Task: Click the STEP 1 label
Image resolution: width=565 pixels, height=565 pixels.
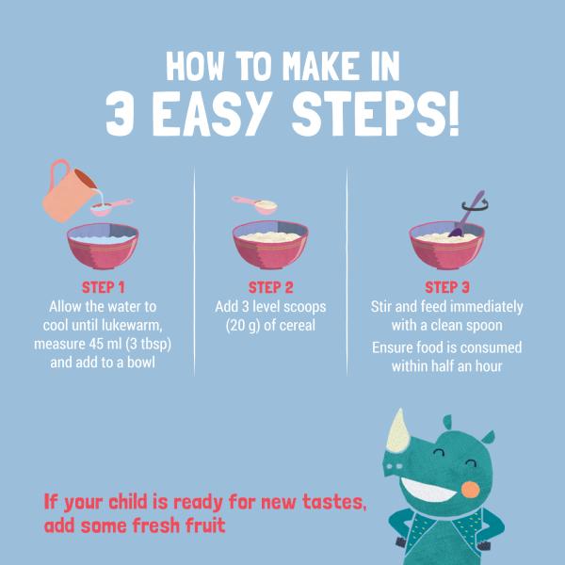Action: pos(103,287)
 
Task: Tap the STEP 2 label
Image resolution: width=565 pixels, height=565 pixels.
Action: pos(270,287)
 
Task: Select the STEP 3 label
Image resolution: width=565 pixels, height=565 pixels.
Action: pos(446,287)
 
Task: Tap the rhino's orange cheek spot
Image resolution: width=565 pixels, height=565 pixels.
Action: pos(470,490)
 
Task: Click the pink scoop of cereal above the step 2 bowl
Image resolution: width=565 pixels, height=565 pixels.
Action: pos(255,205)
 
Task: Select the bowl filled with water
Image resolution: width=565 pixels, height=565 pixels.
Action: pos(103,246)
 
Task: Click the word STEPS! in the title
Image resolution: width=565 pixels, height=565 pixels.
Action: pos(375,114)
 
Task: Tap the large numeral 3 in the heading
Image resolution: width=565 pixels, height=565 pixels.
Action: pos(120,114)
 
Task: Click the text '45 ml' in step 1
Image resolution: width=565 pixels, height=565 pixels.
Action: pos(105,344)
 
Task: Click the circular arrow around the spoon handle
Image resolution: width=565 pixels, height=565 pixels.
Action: pos(475,205)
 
